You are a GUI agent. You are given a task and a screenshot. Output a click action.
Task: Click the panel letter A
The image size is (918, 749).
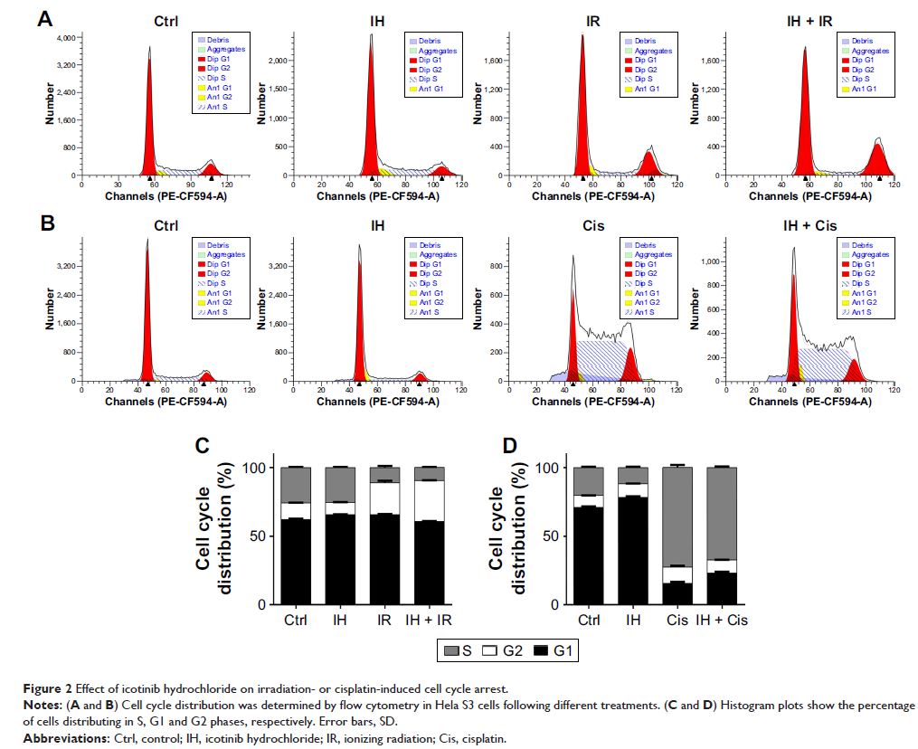click(x=43, y=18)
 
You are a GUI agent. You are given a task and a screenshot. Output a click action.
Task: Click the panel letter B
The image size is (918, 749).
click(x=43, y=223)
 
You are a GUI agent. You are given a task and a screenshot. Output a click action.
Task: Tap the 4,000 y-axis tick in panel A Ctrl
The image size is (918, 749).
click(x=64, y=39)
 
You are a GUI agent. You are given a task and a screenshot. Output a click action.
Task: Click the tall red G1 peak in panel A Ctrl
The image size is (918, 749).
click(x=150, y=127)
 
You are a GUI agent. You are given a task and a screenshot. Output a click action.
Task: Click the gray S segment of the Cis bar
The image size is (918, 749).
click(x=676, y=516)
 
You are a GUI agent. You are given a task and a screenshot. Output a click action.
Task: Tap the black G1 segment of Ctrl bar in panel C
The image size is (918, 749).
click(x=296, y=561)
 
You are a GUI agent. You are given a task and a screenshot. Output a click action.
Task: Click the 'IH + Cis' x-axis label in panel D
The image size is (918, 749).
click(x=720, y=621)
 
